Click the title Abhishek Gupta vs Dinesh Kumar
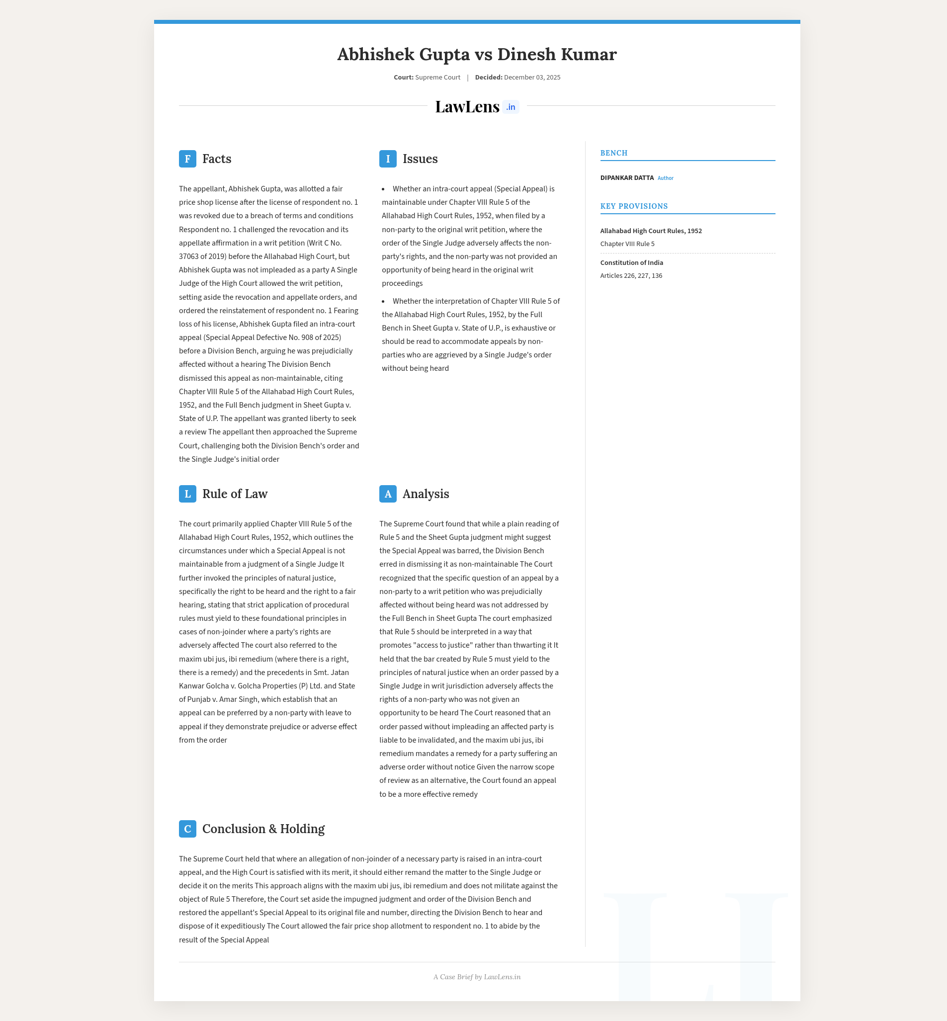[x=477, y=54]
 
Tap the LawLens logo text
[x=467, y=106]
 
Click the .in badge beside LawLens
[x=511, y=107]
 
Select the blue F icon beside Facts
[x=187, y=159]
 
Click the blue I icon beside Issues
[x=387, y=159]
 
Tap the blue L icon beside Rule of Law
[x=187, y=494]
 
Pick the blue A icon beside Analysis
[x=387, y=494]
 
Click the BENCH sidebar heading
[x=613, y=153]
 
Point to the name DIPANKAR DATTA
[x=627, y=178]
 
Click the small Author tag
[x=665, y=178]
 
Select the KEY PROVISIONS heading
[x=634, y=206]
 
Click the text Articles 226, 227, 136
[x=631, y=275]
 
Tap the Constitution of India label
[x=631, y=263]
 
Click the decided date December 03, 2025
[x=532, y=78]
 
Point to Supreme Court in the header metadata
[x=437, y=78]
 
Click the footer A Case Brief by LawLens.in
[x=477, y=977]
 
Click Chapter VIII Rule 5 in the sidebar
[x=627, y=244]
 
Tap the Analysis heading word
[x=426, y=494]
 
